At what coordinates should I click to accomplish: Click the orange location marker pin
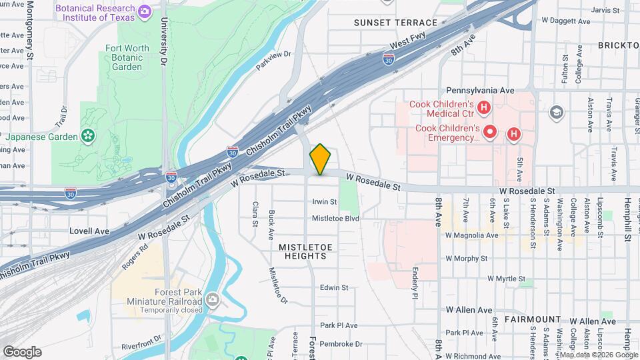point(321,159)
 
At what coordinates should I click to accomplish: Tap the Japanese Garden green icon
point(87,136)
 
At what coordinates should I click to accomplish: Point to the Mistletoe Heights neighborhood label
point(305,252)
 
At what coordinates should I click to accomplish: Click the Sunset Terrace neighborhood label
point(395,23)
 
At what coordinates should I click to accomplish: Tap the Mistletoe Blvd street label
point(335,219)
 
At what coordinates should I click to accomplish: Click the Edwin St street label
point(334,288)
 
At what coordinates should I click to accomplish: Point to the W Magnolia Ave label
point(472,235)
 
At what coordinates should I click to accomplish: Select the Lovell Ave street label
point(89,231)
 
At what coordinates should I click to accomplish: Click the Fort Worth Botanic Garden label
point(126,57)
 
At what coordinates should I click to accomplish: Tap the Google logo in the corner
point(22,351)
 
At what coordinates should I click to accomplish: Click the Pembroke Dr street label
point(341,344)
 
